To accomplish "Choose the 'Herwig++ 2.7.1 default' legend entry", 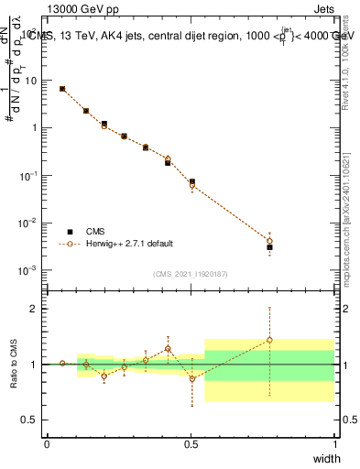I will pyautogui.click(x=127, y=244).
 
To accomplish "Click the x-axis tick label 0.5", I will pyautogui.click(x=191, y=443).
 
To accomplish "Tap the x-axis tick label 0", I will pyautogui.click(x=47, y=443).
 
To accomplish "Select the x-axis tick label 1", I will pyautogui.click(x=334, y=443).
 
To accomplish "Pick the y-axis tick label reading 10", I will pyautogui.click(x=31, y=80).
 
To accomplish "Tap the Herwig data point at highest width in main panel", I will pyautogui.click(x=269, y=241).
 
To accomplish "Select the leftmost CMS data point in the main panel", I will pyautogui.click(x=62, y=89).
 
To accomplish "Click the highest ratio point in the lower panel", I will pyautogui.click(x=269, y=340).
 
